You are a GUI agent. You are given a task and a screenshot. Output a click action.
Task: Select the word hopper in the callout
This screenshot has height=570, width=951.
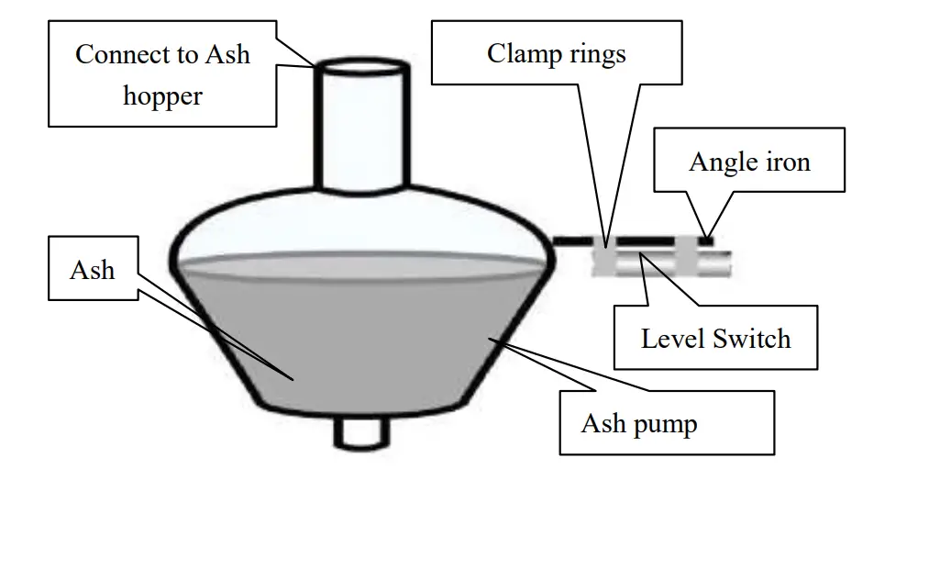tap(162, 95)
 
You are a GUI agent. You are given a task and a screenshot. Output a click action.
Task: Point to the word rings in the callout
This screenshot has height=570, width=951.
tap(596, 53)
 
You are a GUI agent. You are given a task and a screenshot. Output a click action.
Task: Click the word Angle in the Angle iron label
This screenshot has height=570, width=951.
tap(720, 162)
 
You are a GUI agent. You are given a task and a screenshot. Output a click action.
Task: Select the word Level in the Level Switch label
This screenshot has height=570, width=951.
tap(674, 338)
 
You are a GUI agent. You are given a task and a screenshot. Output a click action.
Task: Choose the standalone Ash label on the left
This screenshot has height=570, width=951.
tap(93, 270)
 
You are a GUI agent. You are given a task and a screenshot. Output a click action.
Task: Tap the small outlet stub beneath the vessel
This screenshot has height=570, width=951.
tap(362, 433)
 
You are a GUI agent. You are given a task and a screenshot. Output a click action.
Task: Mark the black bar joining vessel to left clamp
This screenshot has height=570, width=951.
tap(574, 240)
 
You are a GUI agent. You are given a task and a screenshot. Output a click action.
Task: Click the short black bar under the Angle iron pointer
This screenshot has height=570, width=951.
tap(706, 241)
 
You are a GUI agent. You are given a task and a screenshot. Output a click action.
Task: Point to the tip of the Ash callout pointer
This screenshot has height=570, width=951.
tap(294, 379)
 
